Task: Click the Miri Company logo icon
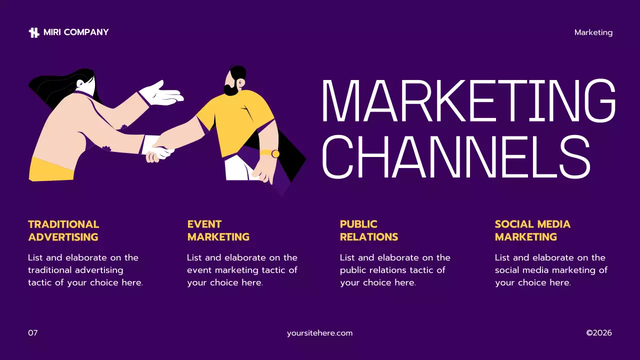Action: pyautogui.click(x=34, y=32)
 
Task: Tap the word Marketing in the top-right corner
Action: pyautogui.click(x=593, y=32)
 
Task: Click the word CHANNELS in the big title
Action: pyautogui.click(x=456, y=156)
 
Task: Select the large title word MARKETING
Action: pyautogui.click(x=468, y=101)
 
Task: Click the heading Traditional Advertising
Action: pyautogui.click(x=63, y=230)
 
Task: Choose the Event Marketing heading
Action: pyautogui.click(x=218, y=230)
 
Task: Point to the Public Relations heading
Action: pyautogui.click(x=368, y=230)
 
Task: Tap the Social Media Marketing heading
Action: pyautogui.click(x=532, y=230)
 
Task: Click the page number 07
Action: pyautogui.click(x=33, y=333)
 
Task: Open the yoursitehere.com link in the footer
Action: pyautogui.click(x=319, y=333)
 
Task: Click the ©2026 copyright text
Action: pyautogui.click(x=598, y=333)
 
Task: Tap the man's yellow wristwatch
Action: pyautogui.click(x=275, y=153)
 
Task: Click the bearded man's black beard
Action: pyautogui.click(x=231, y=90)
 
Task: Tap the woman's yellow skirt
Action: pyautogui.click(x=51, y=169)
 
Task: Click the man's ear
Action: pyautogui.click(x=241, y=82)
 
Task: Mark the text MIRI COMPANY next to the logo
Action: pyautogui.click(x=76, y=32)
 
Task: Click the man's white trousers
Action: pyautogui.click(x=239, y=168)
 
